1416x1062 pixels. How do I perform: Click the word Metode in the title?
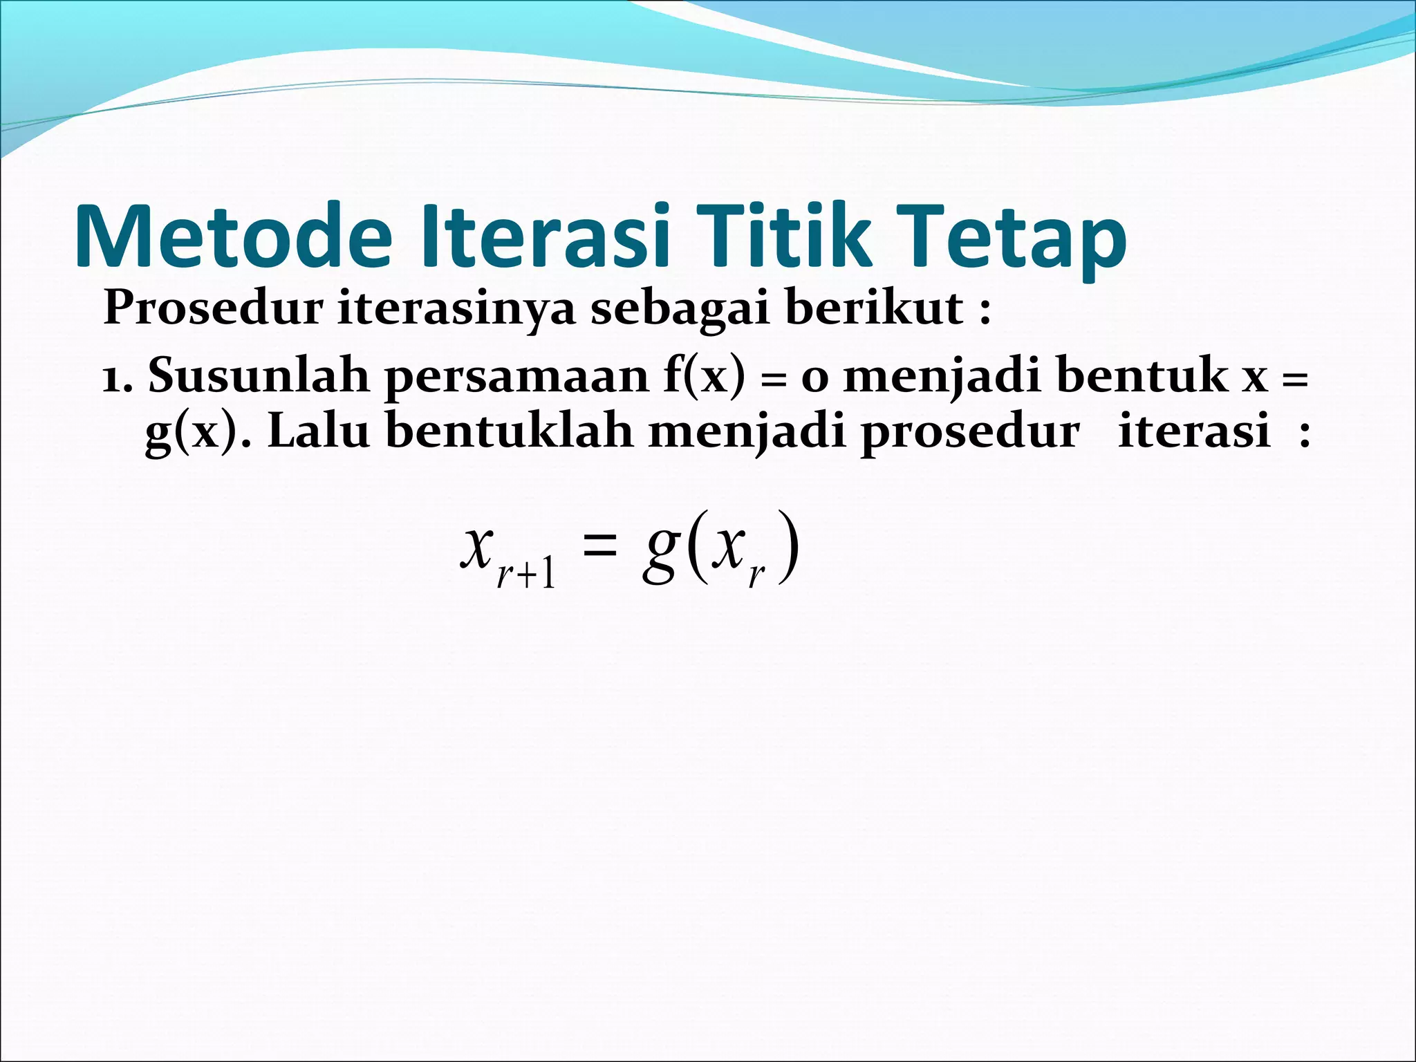click(x=234, y=236)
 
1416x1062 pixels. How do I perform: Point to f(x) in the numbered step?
click(x=705, y=377)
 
